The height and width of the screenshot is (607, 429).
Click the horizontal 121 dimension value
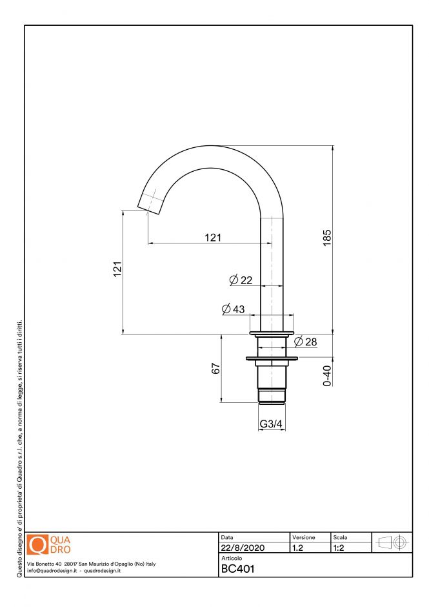tap(213, 237)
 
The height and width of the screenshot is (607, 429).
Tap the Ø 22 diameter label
tap(241, 280)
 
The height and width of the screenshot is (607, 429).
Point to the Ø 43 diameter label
tap(233, 309)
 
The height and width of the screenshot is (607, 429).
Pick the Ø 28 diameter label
tap(305, 342)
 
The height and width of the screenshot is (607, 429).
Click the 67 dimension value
tap(216, 368)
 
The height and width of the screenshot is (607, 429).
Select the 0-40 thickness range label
tap(327, 376)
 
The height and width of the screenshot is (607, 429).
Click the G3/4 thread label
tap(270, 424)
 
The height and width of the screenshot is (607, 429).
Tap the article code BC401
tap(238, 569)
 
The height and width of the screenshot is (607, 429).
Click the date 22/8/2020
tap(243, 548)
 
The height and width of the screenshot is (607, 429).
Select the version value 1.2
tap(297, 548)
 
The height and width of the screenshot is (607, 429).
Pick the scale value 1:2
tap(338, 548)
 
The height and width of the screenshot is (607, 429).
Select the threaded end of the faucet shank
tap(271, 395)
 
